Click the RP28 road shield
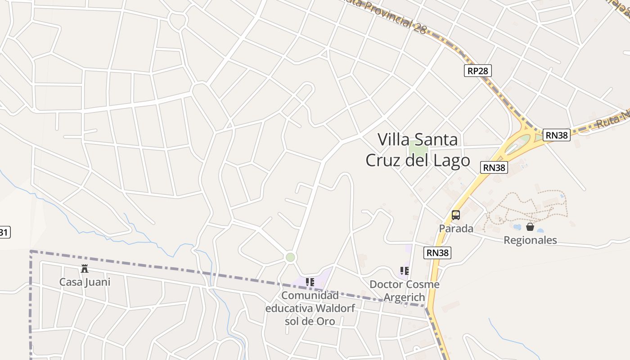(x=478, y=71)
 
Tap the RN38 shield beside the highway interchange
(x=556, y=135)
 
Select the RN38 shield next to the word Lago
(x=494, y=167)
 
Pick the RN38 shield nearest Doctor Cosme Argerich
(x=437, y=253)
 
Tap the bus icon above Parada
(x=456, y=215)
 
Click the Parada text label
(x=456, y=229)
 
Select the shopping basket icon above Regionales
(x=530, y=227)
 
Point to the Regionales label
(x=530, y=240)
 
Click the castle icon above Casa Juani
(x=84, y=269)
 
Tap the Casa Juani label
(x=85, y=282)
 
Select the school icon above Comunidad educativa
(x=310, y=282)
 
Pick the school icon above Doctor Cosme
(x=404, y=271)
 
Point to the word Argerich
(x=404, y=297)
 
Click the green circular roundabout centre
(x=290, y=257)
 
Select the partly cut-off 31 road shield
(x=4, y=232)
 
